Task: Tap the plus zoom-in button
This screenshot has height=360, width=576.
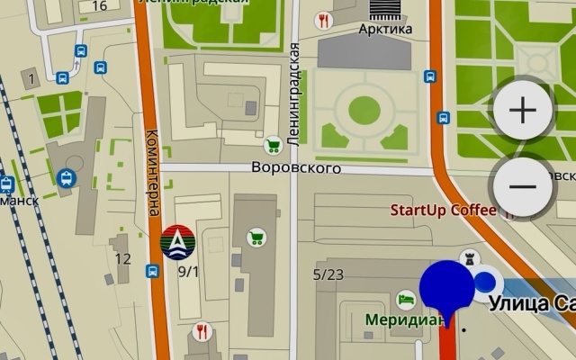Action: [523, 110]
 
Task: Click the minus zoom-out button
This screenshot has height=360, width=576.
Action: [523, 186]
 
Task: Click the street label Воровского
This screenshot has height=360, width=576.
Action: [295, 168]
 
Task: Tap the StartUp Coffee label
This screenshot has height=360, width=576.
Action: [443, 211]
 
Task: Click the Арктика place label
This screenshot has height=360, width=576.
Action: [385, 29]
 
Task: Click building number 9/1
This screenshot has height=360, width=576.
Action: [188, 270]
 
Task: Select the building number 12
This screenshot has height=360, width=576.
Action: [123, 259]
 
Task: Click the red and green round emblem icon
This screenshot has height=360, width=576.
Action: [177, 240]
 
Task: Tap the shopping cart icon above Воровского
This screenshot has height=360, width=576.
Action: [272, 144]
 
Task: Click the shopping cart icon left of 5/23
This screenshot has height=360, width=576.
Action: [256, 238]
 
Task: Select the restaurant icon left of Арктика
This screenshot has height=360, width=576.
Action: [323, 20]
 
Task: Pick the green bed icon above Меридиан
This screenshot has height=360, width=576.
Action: [406, 297]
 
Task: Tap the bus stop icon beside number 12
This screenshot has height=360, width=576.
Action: [152, 270]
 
